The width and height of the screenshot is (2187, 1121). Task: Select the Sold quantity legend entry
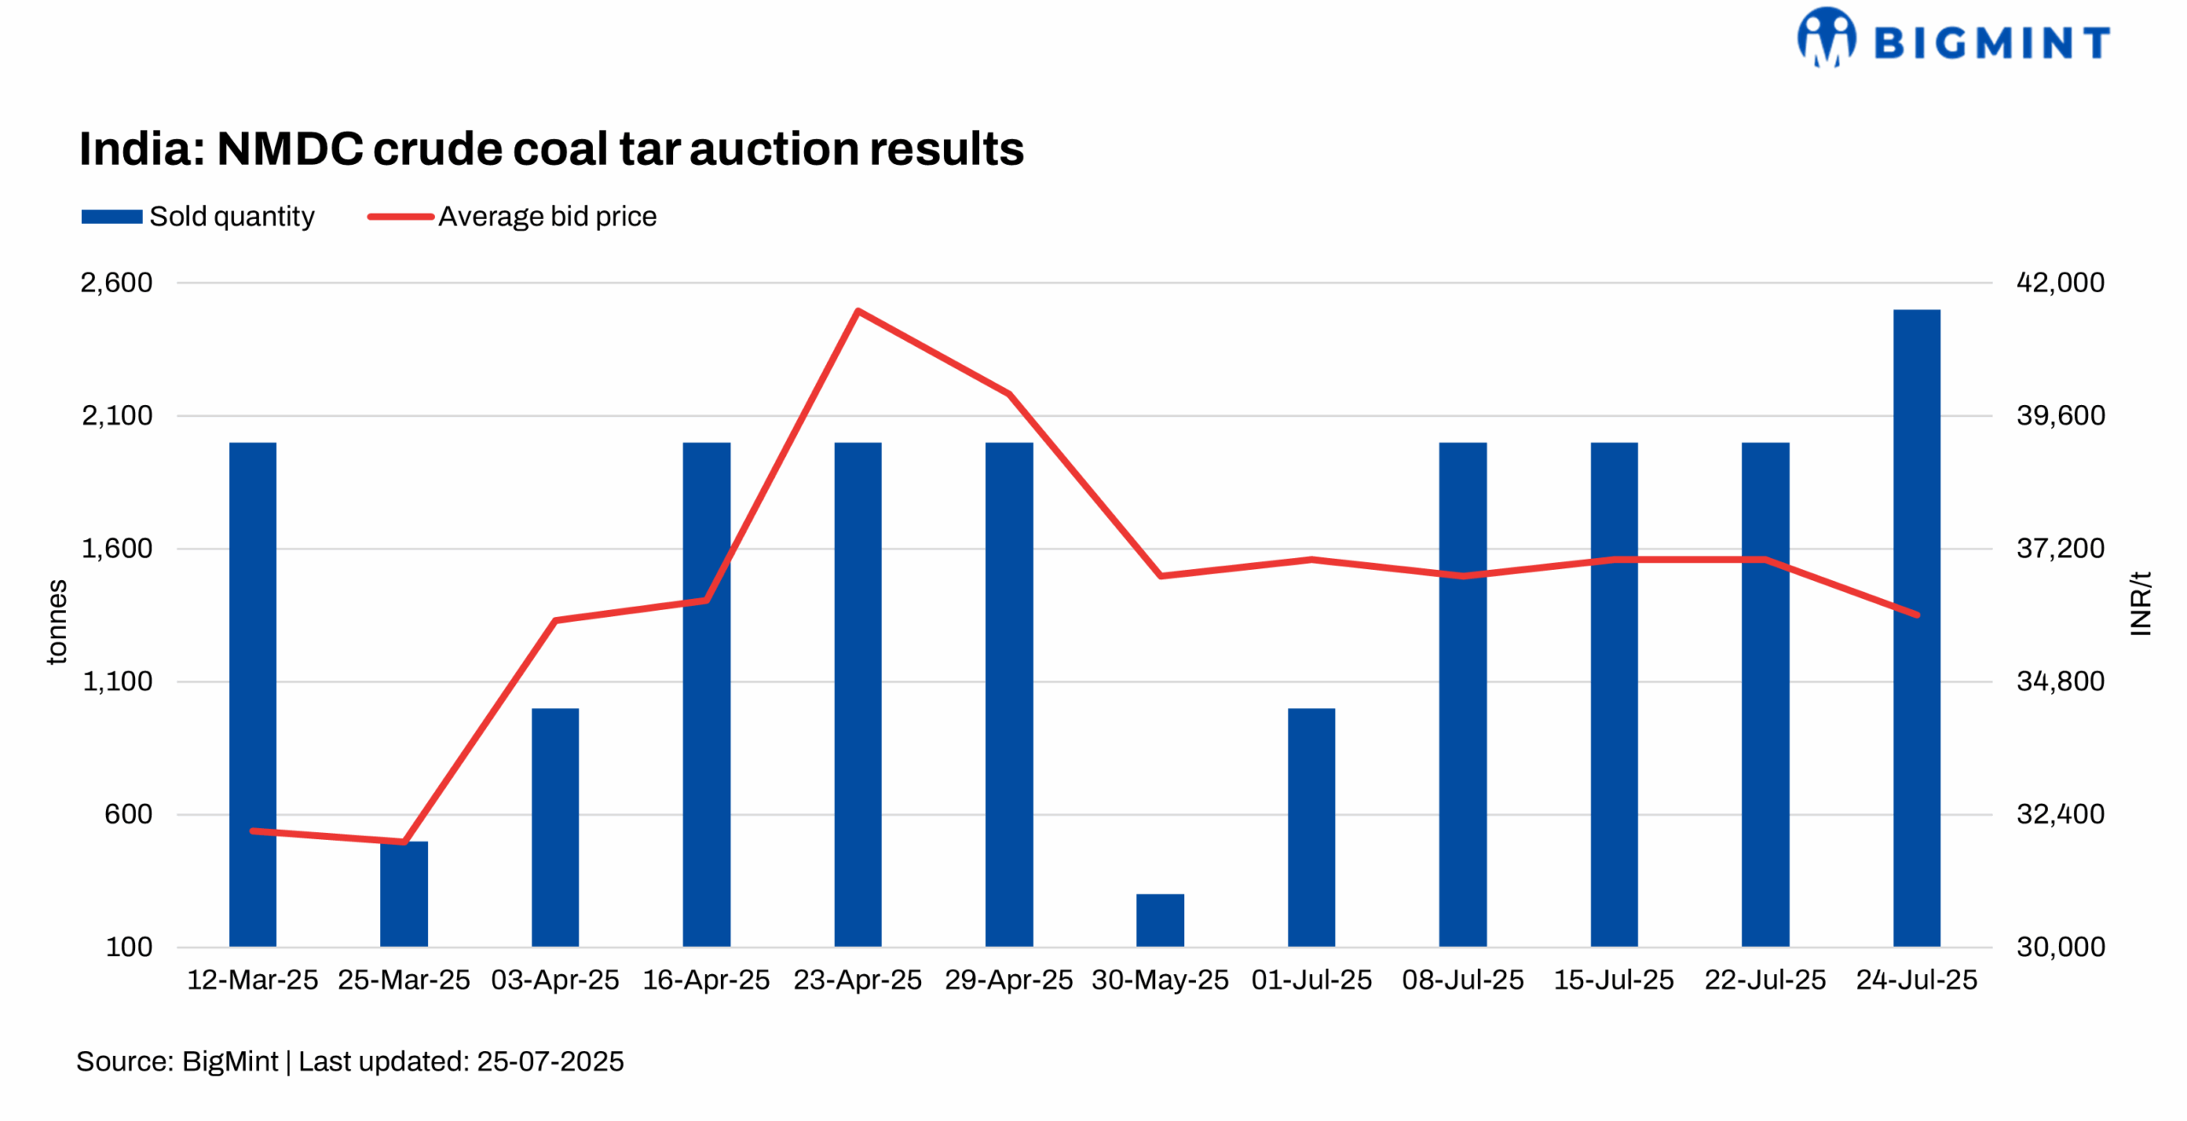(x=198, y=216)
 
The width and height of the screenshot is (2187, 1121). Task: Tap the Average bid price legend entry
(x=513, y=216)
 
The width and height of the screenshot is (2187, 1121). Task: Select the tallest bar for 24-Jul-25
(x=1915, y=628)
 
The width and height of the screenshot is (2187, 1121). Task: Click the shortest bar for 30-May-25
(x=1159, y=919)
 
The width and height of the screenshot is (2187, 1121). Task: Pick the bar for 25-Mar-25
(x=404, y=894)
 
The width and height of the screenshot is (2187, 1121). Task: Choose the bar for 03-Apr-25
(x=555, y=826)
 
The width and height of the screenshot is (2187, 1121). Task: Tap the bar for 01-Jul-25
(x=1310, y=826)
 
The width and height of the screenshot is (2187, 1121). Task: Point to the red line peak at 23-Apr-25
(x=858, y=311)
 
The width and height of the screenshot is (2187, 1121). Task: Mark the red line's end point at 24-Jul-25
(x=1917, y=614)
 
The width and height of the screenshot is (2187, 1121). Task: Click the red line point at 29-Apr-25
(x=1009, y=395)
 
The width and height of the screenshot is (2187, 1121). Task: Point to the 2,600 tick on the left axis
(x=116, y=283)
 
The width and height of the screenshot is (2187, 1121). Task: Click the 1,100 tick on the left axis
(x=117, y=682)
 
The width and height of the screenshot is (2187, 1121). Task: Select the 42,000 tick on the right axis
(x=2060, y=283)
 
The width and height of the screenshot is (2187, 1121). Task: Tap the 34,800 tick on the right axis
(x=2060, y=682)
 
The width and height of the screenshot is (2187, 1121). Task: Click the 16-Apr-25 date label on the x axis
(x=706, y=979)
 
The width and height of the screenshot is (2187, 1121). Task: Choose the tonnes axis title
(x=56, y=621)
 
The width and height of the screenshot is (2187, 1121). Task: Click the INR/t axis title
(x=2140, y=603)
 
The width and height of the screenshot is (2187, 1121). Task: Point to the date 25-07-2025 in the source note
(x=550, y=1061)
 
